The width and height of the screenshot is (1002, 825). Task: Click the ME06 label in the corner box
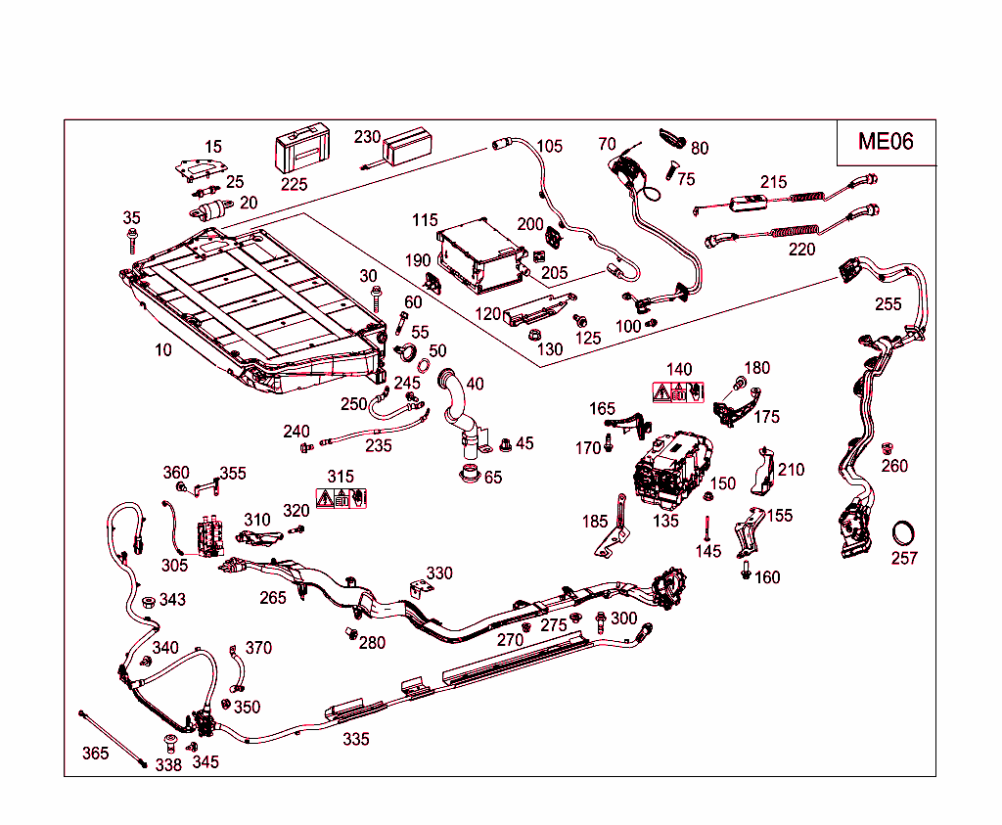click(x=886, y=142)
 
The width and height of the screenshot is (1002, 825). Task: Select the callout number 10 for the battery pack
click(x=163, y=349)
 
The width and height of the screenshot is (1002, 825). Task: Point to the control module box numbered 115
click(x=477, y=257)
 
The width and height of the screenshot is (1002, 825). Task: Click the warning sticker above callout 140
click(x=678, y=392)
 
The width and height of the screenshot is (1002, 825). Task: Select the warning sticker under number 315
click(x=341, y=498)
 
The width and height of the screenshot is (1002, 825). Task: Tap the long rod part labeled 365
click(x=114, y=737)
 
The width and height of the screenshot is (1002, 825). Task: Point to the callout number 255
click(x=888, y=304)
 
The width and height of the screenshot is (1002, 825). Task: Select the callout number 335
click(x=356, y=739)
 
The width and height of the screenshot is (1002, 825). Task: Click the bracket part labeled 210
click(x=765, y=471)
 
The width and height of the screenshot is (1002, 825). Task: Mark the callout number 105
click(x=549, y=147)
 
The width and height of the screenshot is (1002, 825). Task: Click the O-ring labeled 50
click(x=425, y=366)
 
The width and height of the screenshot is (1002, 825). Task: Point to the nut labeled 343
click(x=147, y=601)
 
